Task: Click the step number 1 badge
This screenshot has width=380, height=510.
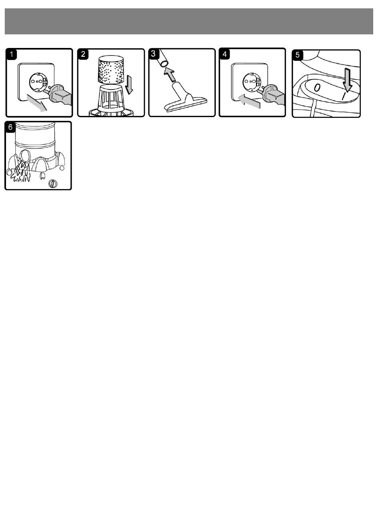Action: pyautogui.click(x=12, y=54)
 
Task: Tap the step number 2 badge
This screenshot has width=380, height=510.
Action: pyautogui.click(x=83, y=54)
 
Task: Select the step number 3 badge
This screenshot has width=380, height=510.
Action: pyautogui.click(x=153, y=54)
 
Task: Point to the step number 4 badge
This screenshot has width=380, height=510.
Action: pyautogui.click(x=225, y=54)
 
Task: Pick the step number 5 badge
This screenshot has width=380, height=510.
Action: pyautogui.click(x=298, y=55)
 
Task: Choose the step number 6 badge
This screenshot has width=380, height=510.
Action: pyautogui.click(x=10, y=127)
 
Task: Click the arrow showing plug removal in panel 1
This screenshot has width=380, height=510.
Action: pyautogui.click(x=37, y=103)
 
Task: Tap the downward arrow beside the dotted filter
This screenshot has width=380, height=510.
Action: pyautogui.click(x=129, y=85)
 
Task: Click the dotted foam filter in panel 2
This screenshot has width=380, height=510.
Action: pyautogui.click(x=110, y=69)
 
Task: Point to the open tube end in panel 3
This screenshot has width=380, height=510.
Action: pyautogui.click(x=164, y=64)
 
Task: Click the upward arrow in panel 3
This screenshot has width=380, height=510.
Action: pyautogui.click(x=170, y=74)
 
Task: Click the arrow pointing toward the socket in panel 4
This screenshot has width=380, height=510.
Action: pyautogui.click(x=249, y=101)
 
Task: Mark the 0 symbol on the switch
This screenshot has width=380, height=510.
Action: pyautogui.click(x=317, y=88)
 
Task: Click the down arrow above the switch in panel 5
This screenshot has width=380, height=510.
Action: pyautogui.click(x=347, y=80)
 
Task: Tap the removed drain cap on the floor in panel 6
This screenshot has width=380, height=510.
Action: pyautogui.click(x=53, y=184)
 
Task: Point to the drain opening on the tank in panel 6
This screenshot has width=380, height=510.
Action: pyautogui.click(x=25, y=156)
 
